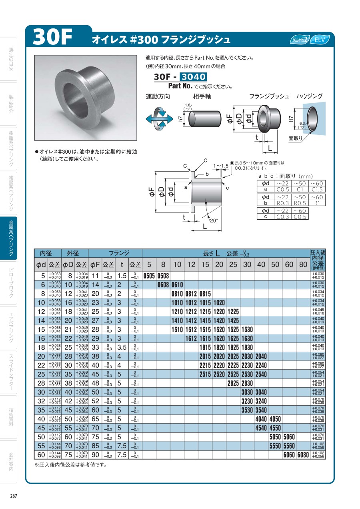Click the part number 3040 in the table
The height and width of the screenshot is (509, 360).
261,392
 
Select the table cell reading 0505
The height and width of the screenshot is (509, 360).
149,276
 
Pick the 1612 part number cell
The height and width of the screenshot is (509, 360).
191,339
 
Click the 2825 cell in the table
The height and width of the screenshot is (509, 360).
233,383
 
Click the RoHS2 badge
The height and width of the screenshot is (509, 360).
300,40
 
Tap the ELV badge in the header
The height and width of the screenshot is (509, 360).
320,40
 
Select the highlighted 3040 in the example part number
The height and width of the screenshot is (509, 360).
193,77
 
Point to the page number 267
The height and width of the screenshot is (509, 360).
14,496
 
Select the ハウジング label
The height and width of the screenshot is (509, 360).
309,96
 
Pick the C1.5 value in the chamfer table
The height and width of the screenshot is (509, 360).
317,189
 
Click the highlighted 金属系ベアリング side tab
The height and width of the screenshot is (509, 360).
12,238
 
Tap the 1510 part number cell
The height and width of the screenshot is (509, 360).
177,329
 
